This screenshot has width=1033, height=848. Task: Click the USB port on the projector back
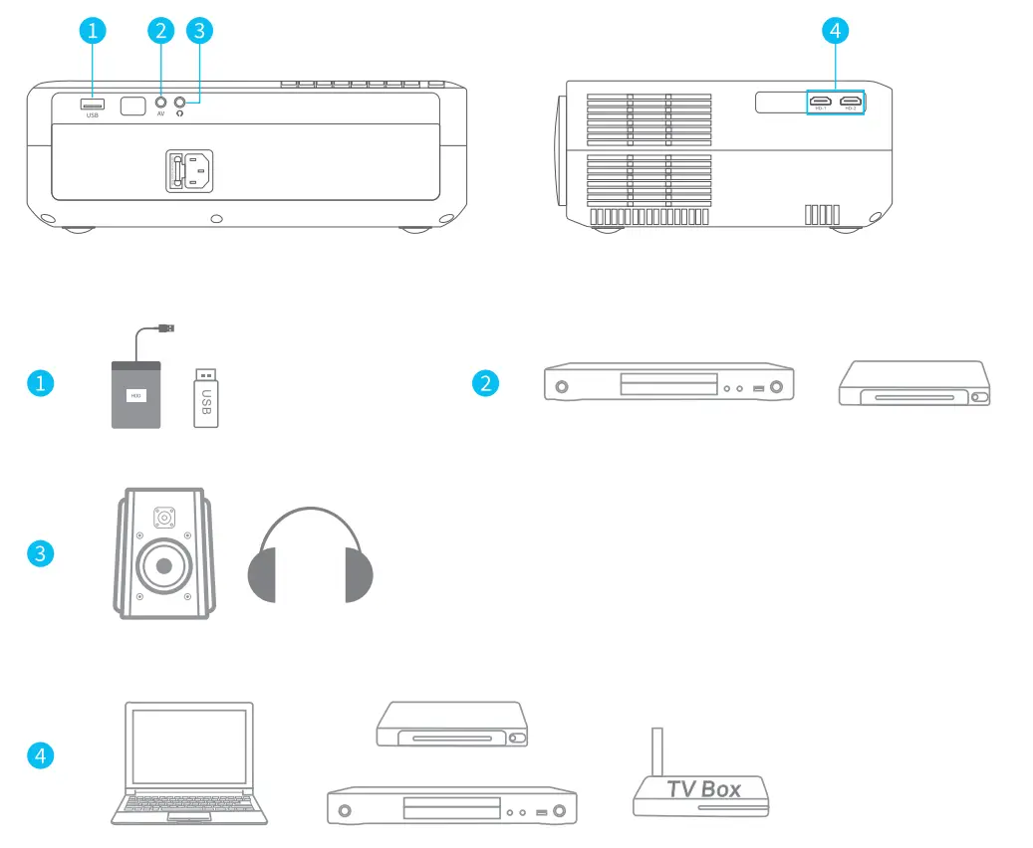pyautogui.click(x=93, y=105)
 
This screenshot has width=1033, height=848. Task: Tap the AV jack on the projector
pyautogui.click(x=160, y=102)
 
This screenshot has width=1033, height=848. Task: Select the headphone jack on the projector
pyautogui.click(x=180, y=102)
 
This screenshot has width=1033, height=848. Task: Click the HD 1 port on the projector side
pyautogui.click(x=821, y=102)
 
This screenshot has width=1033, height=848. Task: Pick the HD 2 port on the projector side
pyautogui.click(x=850, y=102)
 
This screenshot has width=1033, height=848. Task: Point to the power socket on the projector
pyautogui.click(x=189, y=170)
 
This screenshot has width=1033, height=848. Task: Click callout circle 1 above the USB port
pyautogui.click(x=93, y=31)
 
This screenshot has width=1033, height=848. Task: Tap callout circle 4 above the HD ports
pyautogui.click(x=835, y=31)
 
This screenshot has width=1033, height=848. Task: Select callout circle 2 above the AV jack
pyautogui.click(x=160, y=31)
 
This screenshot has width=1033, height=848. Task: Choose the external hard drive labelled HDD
pyautogui.click(x=135, y=395)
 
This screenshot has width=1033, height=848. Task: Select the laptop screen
pyautogui.click(x=189, y=747)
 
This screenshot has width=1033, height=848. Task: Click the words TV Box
pyautogui.click(x=703, y=789)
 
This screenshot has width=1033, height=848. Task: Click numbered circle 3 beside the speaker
pyautogui.click(x=39, y=553)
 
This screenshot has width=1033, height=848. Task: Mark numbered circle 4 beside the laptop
pyautogui.click(x=39, y=755)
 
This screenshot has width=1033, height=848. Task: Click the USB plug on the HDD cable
pyautogui.click(x=167, y=327)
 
